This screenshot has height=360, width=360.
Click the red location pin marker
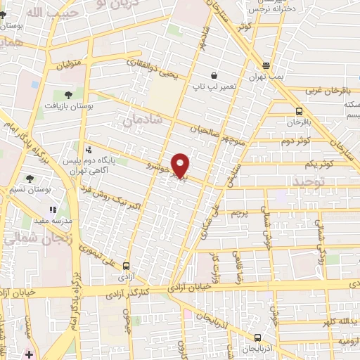click(181, 165)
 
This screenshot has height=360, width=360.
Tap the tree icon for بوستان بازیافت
click(68, 94)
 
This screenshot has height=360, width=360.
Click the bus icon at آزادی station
click(127, 266)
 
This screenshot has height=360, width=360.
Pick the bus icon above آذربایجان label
click(258, 337)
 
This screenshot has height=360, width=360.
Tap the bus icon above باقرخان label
click(300, 111)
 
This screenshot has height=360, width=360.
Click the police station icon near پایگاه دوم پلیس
click(88, 149)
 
